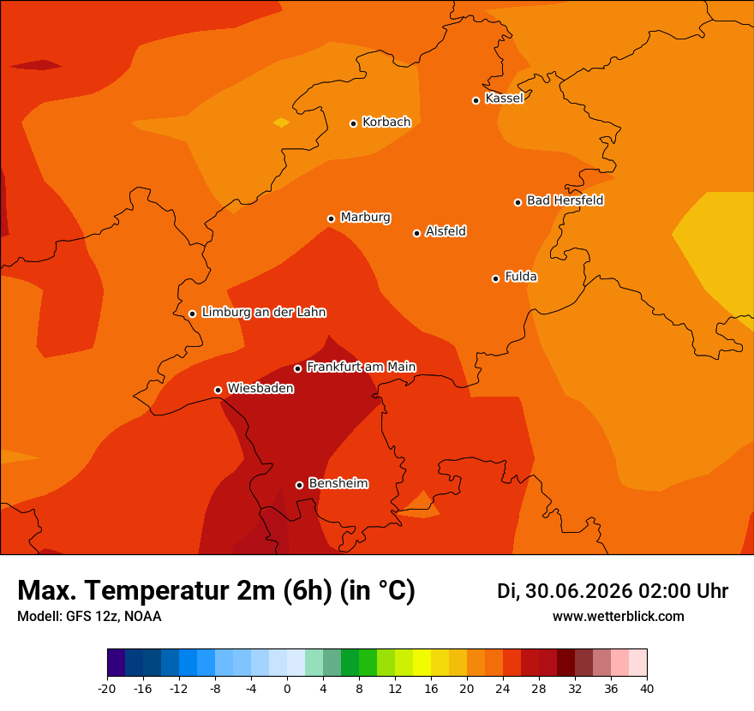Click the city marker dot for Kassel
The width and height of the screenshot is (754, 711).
(x=476, y=100)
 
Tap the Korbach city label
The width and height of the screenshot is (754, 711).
(x=386, y=122)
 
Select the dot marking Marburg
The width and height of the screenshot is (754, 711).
(x=331, y=218)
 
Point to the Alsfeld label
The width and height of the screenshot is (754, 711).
(x=446, y=231)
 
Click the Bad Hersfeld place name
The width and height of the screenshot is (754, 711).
(x=565, y=200)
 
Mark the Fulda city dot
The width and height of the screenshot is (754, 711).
(x=495, y=278)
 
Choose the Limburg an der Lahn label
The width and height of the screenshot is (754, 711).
(x=264, y=312)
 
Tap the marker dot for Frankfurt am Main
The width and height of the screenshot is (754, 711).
(x=297, y=368)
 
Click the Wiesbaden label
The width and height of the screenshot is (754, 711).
(x=260, y=388)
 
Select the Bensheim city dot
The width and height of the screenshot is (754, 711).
(x=299, y=485)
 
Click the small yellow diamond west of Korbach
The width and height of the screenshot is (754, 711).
(x=281, y=122)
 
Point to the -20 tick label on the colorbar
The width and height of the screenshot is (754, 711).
(x=107, y=689)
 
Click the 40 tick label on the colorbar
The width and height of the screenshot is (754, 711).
(x=647, y=689)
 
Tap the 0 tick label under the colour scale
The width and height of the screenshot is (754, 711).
(x=287, y=689)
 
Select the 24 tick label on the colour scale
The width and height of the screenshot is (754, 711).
(x=502, y=689)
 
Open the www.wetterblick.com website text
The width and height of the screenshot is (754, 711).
(x=619, y=616)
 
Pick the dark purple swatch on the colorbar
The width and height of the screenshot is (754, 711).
(x=116, y=662)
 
